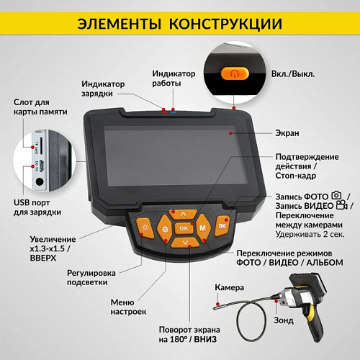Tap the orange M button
202,228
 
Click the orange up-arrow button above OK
184,214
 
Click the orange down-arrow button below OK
185,243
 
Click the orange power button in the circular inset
235,73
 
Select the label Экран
287,133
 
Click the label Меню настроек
129,307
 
